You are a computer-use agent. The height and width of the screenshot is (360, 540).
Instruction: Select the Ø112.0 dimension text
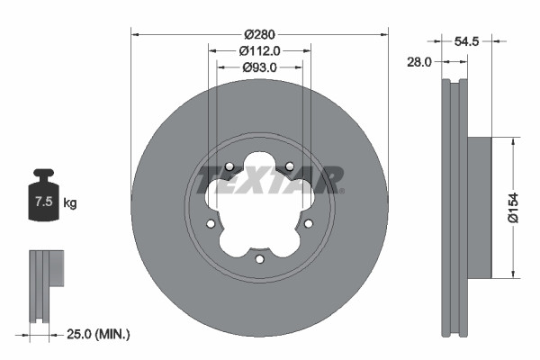click(x=259, y=51)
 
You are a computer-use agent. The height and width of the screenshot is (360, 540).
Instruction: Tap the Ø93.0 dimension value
click(x=259, y=67)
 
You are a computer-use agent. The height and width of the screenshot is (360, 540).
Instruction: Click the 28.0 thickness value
click(x=420, y=61)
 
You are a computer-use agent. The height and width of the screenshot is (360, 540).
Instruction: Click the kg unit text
click(x=70, y=203)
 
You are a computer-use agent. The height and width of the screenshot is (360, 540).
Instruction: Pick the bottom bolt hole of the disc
click(x=259, y=259)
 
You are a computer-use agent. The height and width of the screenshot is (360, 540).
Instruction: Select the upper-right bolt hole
click(x=290, y=166)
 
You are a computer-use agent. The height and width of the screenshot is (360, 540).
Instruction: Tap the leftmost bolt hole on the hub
click(x=211, y=224)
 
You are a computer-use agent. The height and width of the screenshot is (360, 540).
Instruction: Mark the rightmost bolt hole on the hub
click(x=308, y=224)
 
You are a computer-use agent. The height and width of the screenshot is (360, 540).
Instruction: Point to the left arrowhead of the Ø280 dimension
click(x=136, y=35)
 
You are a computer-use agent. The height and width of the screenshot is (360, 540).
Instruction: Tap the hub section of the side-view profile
click(x=481, y=208)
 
